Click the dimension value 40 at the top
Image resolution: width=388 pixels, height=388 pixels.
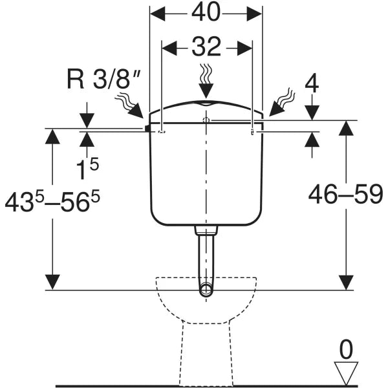pyautogui.click(x=206, y=12)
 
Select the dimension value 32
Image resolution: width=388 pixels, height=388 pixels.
pyautogui.click(x=206, y=47)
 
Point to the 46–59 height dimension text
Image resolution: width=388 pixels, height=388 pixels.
pyautogui.click(x=345, y=193)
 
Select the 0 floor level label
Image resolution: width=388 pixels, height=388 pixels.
pyautogui.click(x=347, y=350)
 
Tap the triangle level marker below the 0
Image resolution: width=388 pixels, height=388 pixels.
pyautogui.click(x=347, y=373)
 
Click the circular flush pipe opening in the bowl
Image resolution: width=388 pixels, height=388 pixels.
pyautogui.click(x=206, y=289)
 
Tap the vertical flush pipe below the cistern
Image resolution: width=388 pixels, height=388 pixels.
pyautogui.click(x=206, y=259)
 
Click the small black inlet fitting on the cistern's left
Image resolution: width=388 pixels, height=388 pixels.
pyautogui.click(x=147, y=129)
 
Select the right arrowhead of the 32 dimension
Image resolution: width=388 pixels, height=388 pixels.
pyautogui.click(x=246, y=47)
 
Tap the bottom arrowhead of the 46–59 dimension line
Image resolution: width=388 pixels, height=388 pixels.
pyautogui.click(x=347, y=282)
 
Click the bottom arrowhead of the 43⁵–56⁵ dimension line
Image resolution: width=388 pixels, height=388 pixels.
pyautogui.click(x=53, y=282)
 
